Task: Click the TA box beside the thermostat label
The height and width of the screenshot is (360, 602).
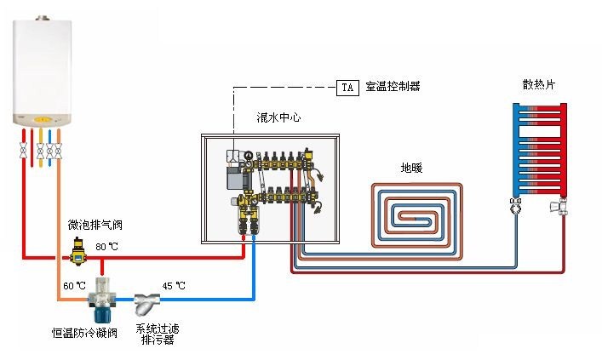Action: pos(347,87)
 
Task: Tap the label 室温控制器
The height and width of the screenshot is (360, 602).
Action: pos(393,87)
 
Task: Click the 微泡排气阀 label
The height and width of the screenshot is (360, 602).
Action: pos(95,226)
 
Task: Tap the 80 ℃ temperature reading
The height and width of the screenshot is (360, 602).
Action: pos(106,247)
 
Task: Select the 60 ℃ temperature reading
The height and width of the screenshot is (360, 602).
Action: pos(74,285)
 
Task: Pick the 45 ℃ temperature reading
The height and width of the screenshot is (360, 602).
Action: pos(174,285)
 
